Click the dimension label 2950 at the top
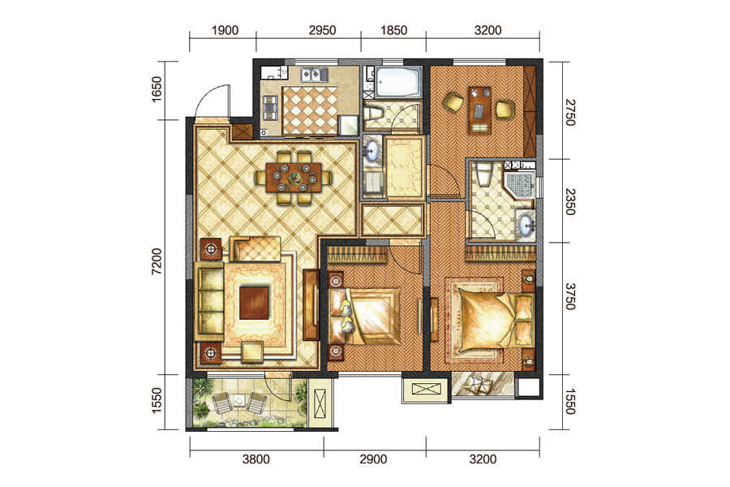pyautogui.click(x=322, y=30)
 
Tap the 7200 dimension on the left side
pyautogui.click(x=157, y=261)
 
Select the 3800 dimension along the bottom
pyautogui.click(x=256, y=459)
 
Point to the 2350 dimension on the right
pyautogui.click(x=570, y=202)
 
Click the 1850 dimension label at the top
pyautogui.click(x=394, y=30)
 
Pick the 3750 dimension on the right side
pyautogui.click(x=570, y=296)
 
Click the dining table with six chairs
pyautogui.click(x=294, y=178)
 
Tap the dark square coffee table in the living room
pyautogui.click(x=254, y=303)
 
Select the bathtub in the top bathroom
pyautogui.click(x=398, y=82)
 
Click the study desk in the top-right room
pyautogui.click(x=480, y=110)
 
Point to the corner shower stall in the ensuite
pyautogui.click(x=519, y=185)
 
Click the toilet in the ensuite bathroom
pyautogui.click(x=484, y=175)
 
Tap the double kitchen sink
pyautogui.click(x=314, y=75)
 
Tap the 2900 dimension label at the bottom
pyautogui.click(x=373, y=459)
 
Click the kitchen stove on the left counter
pyautogui.click(x=270, y=108)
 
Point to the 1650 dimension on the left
pyautogui.click(x=157, y=89)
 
